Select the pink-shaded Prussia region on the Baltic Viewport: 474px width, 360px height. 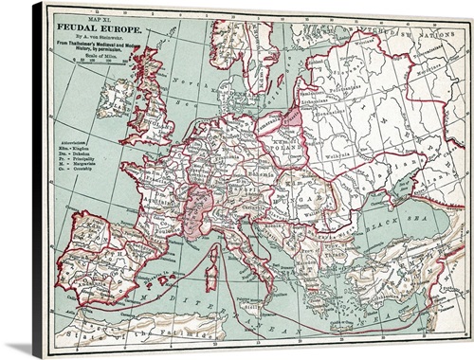click(290, 119)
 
